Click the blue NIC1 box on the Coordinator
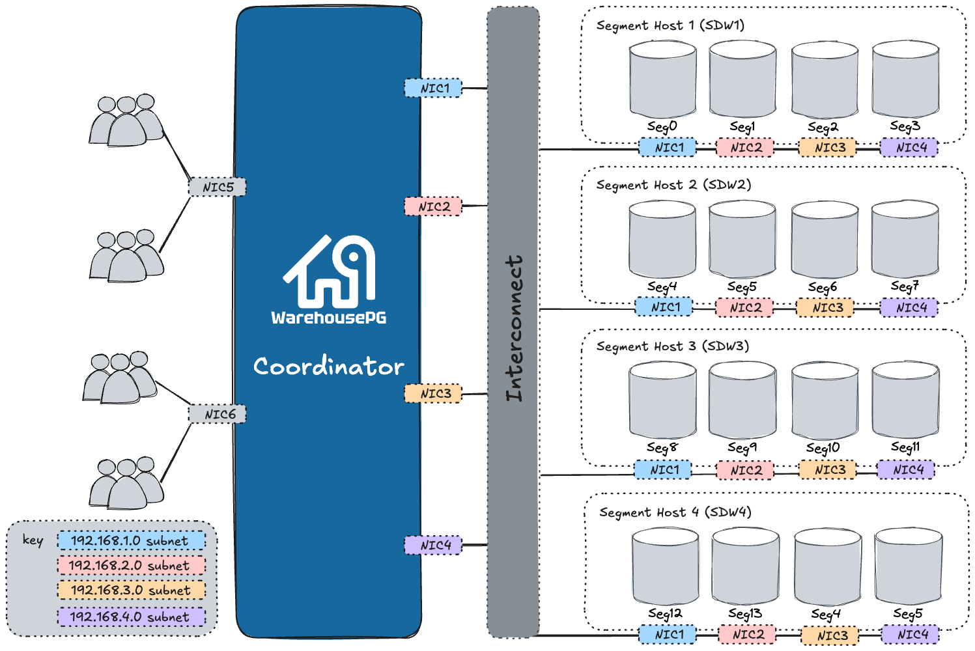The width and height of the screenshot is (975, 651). pyautogui.click(x=433, y=88)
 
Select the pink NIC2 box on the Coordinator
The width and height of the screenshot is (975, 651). pyautogui.click(x=433, y=206)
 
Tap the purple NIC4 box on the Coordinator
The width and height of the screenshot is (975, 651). pyautogui.click(x=433, y=545)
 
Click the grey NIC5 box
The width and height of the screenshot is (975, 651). pyautogui.click(x=218, y=187)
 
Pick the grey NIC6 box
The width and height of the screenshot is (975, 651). pyautogui.click(x=218, y=414)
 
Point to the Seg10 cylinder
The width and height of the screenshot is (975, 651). pyautogui.click(x=825, y=401)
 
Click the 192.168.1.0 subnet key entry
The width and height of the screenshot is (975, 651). pyautogui.click(x=131, y=540)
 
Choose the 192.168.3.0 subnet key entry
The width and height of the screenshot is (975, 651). pyautogui.click(x=131, y=590)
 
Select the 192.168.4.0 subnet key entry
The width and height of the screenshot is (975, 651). pyautogui.click(x=131, y=616)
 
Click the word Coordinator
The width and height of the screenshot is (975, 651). pyautogui.click(x=328, y=367)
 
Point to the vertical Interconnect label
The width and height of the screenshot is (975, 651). pyautogui.click(x=514, y=327)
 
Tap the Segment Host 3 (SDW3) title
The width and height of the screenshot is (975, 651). pyautogui.click(x=672, y=346)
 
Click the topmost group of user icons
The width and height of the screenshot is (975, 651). pyautogui.click(x=126, y=120)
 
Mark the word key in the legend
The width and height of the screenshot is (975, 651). pyautogui.click(x=33, y=540)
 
